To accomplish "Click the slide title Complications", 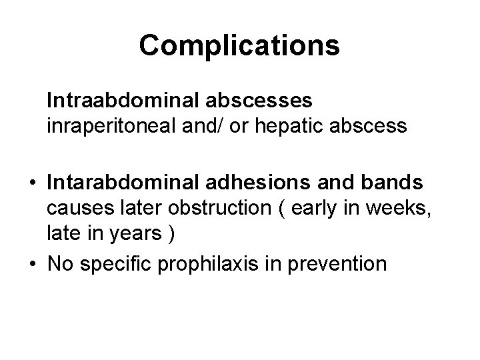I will [x=239, y=45].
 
